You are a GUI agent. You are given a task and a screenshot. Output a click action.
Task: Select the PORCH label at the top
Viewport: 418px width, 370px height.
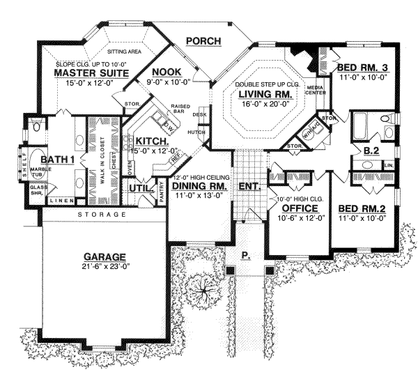pyautogui.click(x=203, y=41)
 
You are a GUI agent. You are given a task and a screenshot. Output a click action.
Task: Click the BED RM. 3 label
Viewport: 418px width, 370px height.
pyautogui.click(x=362, y=68)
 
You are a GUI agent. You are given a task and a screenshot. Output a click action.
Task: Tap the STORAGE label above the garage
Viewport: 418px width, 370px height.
pyautogui.click(x=102, y=215)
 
